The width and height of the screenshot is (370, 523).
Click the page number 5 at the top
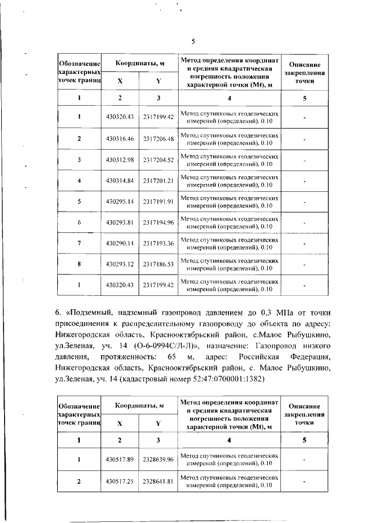(x=194, y=41)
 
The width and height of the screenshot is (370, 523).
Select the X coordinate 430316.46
(x=120, y=138)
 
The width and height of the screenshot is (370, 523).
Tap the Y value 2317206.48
(x=158, y=138)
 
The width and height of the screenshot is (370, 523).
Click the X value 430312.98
(x=120, y=160)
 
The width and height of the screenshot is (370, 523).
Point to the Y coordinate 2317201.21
(x=158, y=180)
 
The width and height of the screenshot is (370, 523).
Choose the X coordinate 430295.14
(x=120, y=201)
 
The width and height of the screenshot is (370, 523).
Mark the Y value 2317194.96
(x=158, y=222)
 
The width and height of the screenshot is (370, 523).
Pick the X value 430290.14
(x=120, y=243)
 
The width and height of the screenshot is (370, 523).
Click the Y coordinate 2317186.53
(x=158, y=264)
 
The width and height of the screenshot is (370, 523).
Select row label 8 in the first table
(x=79, y=264)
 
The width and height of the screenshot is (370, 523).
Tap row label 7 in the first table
(x=79, y=243)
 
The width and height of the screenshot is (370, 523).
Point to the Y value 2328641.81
(x=158, y=481)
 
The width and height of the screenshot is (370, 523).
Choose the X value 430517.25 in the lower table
(x=120, y=481)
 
